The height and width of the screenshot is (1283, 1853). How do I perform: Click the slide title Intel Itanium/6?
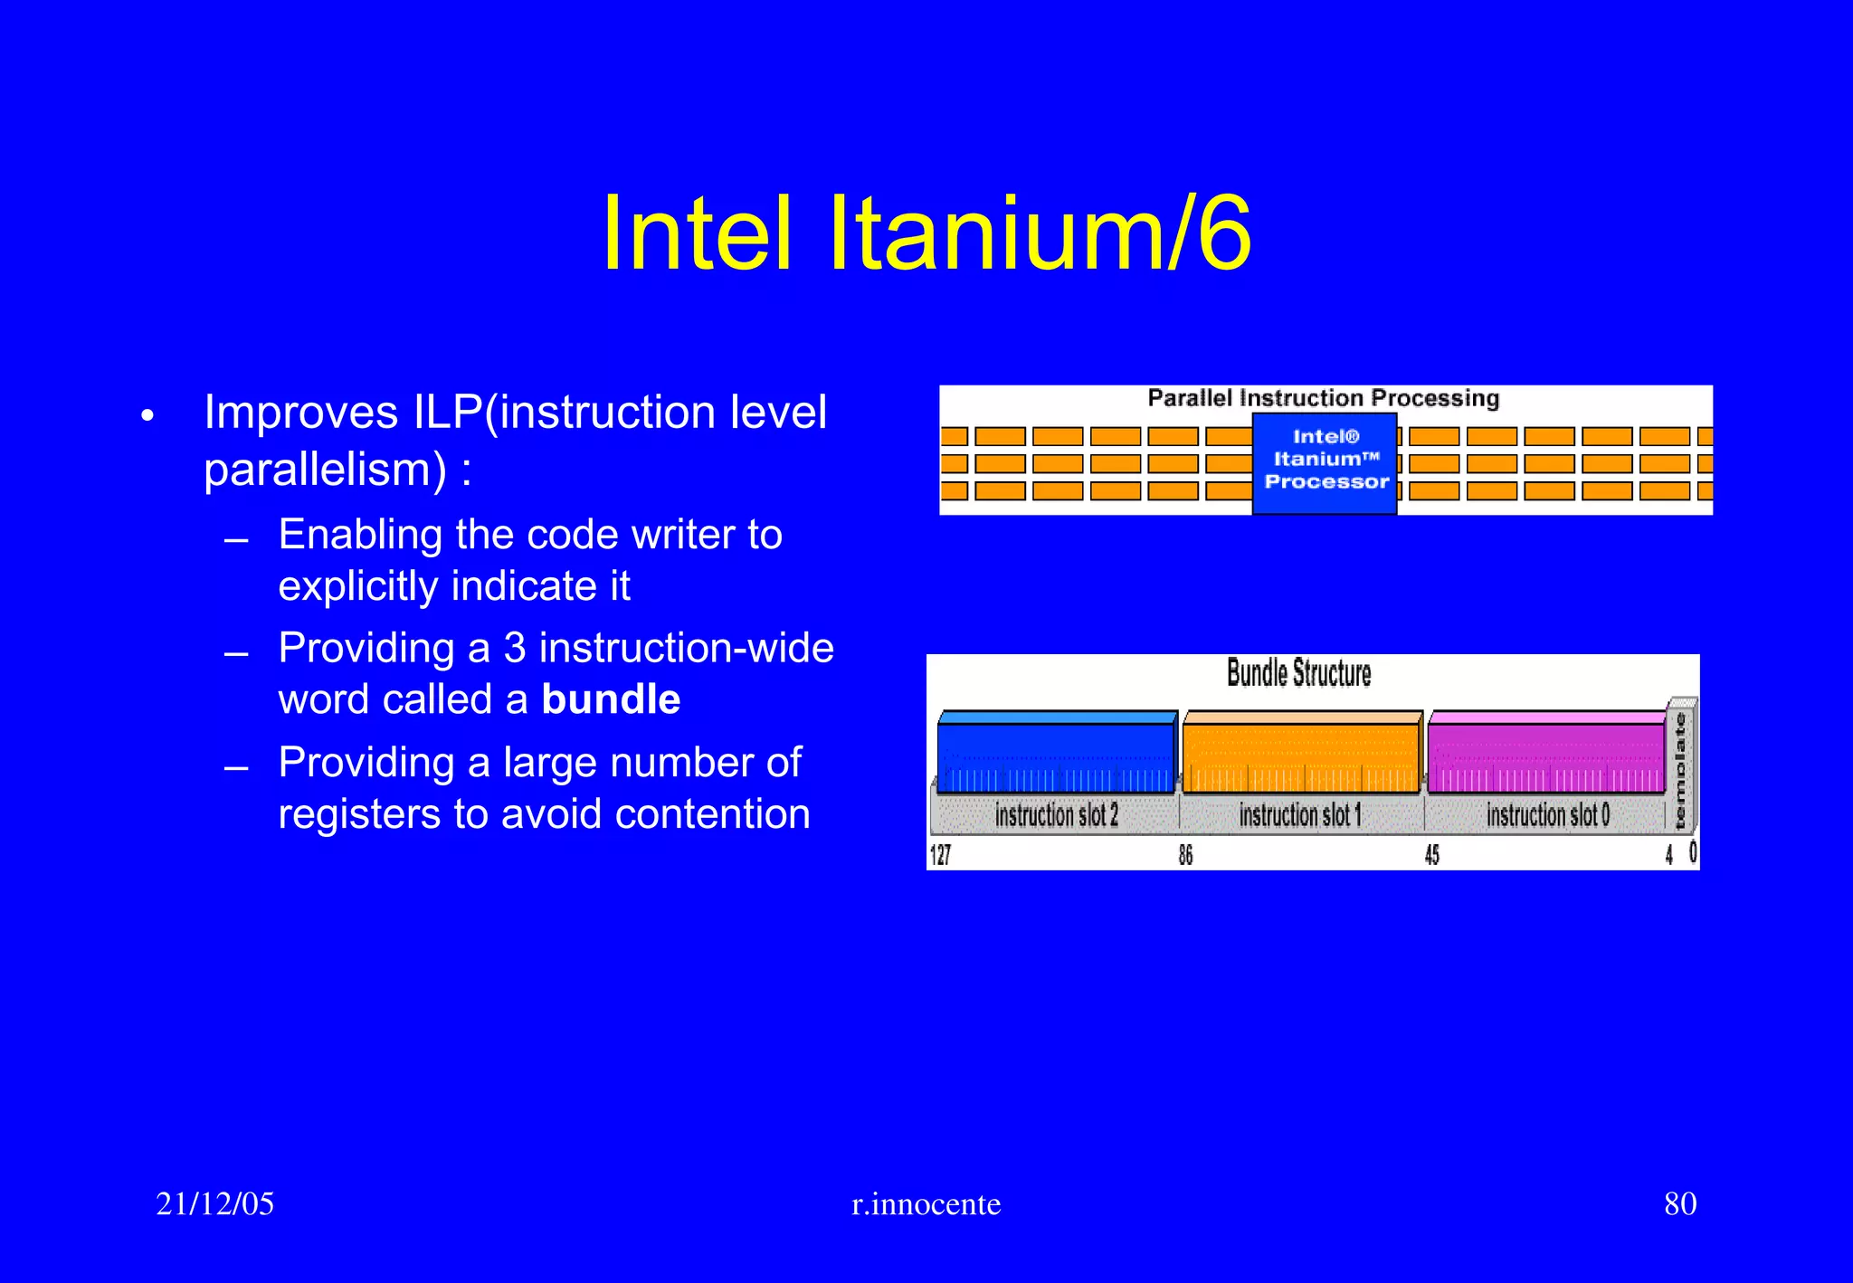coord(926,233)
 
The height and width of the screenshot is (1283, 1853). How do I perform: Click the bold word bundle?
coord(611,699)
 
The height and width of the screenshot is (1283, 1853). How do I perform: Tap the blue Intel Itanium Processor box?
coord(1325,461)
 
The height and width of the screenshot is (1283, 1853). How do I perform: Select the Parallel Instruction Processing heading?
coord(1323,398)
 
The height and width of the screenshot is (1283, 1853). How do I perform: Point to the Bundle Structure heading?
coord(1298,673)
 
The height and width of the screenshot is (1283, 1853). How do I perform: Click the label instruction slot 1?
coord(1300,815)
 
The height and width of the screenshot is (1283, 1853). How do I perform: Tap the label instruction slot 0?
coord(1547,815)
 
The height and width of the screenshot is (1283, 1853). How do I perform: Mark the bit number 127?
coord(940,855)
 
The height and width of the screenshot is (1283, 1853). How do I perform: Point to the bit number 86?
coord(1185,855)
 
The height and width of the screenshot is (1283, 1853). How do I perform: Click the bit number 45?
coord(1431,855)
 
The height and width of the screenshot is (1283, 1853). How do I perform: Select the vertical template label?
coord(1680,770)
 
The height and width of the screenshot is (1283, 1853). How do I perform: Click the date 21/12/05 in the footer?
coord(214,1203)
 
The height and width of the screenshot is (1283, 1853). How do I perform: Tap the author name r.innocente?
coord(926,1204)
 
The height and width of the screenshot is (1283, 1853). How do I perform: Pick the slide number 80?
coord(1680,1203)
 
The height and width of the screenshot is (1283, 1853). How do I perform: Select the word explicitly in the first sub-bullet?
coord(358,586)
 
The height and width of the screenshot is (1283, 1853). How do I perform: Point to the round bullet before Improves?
coord(148,416)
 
